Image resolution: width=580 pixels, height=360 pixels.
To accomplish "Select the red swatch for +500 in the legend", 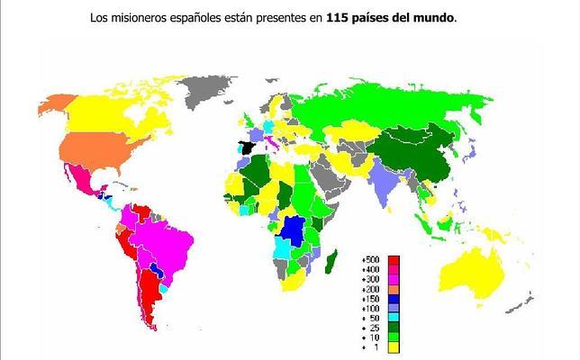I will (394, 261).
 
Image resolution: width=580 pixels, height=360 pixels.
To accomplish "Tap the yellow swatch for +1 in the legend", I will (394, 346).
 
